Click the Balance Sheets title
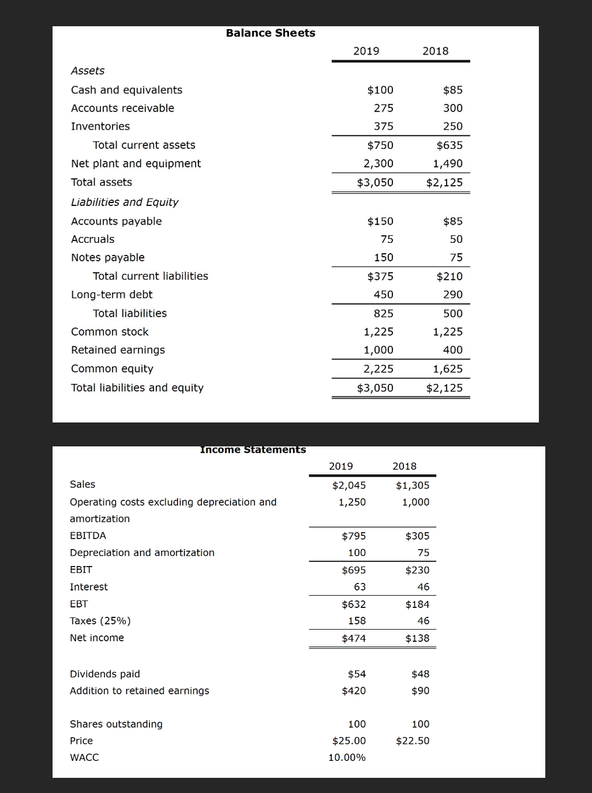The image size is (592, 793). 270,33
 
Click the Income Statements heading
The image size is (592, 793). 253,449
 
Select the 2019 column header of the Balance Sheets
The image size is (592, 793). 366,51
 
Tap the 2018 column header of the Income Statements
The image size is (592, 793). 404,466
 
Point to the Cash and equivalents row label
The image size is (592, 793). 127,90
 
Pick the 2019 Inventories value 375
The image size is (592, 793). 383,127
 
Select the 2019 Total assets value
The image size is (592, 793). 375,183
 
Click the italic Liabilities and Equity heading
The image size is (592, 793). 124,202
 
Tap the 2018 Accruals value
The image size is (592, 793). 456,239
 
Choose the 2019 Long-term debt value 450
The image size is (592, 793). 383,295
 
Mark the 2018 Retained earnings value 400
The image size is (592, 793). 452,350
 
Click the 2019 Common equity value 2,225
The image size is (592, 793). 378,369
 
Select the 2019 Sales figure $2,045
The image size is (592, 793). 349,485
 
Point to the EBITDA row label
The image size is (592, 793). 88,536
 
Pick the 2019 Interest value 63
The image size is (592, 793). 360,587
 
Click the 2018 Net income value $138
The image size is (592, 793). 417,638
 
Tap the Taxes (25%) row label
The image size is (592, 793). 100,621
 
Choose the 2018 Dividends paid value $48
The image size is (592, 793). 420,675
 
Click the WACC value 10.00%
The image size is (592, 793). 347,757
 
